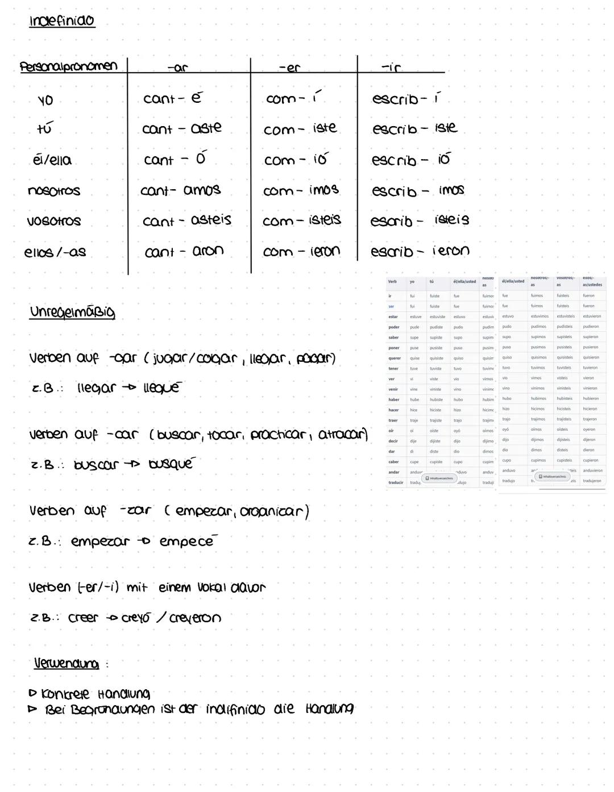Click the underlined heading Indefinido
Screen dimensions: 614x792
62,21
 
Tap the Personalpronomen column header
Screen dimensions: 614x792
68,66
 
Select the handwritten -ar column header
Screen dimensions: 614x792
177,68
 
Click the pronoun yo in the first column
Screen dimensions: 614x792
45,101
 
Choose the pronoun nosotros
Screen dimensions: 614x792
54,191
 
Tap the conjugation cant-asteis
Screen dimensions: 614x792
187,220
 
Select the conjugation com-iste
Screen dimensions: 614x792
300,129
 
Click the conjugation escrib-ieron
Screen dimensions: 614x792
420,251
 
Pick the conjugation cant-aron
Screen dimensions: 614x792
184,251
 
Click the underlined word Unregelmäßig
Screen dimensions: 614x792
72,312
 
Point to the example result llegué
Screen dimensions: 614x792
162,387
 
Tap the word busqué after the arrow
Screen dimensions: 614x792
171,464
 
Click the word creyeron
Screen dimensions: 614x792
195,618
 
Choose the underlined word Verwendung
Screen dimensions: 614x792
67,664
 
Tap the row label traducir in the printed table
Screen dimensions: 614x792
396,483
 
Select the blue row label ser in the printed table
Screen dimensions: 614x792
391,307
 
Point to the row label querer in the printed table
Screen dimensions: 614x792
395,359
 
